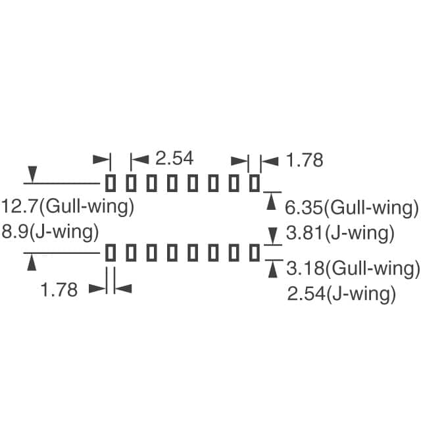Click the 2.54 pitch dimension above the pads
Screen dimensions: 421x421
tap(174, 159)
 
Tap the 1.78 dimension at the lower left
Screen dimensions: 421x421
tap(59, 289)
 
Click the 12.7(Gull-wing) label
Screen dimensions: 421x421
tap(68, 207)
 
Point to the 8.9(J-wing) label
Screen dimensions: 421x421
tap(51, 232)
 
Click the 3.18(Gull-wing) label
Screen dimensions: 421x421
tap(353, 268)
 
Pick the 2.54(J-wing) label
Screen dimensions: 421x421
tap(341, 293)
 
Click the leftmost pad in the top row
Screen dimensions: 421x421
tap(111, 182)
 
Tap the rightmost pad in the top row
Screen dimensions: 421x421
tap(255, 182)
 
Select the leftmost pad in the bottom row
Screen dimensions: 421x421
tap(111, 252)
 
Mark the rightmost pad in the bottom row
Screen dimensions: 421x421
tap(255, 252)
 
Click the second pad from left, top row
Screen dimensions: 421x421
tap(131, 182)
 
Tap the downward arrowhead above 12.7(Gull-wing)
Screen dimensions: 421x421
tap(31, 174)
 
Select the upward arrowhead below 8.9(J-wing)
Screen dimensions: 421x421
tap(31, 261)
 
